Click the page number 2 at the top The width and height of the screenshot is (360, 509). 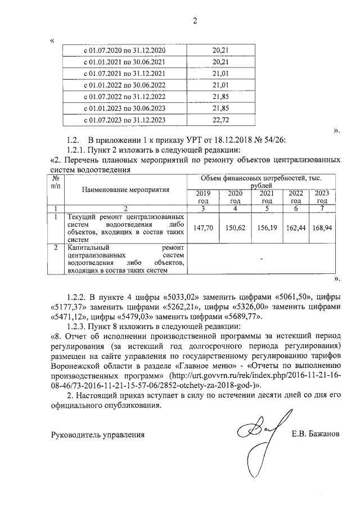(195, 21)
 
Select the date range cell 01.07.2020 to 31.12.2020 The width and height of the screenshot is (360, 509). (124, 50)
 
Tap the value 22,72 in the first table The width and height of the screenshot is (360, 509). (220, 120)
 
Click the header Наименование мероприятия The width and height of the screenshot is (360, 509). (125, 190)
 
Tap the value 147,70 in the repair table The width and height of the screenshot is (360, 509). (202, 228)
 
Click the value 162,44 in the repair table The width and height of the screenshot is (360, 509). (296, 228)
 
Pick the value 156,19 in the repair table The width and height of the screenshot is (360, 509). (267, 228)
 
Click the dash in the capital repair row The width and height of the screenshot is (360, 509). (262, 258)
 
